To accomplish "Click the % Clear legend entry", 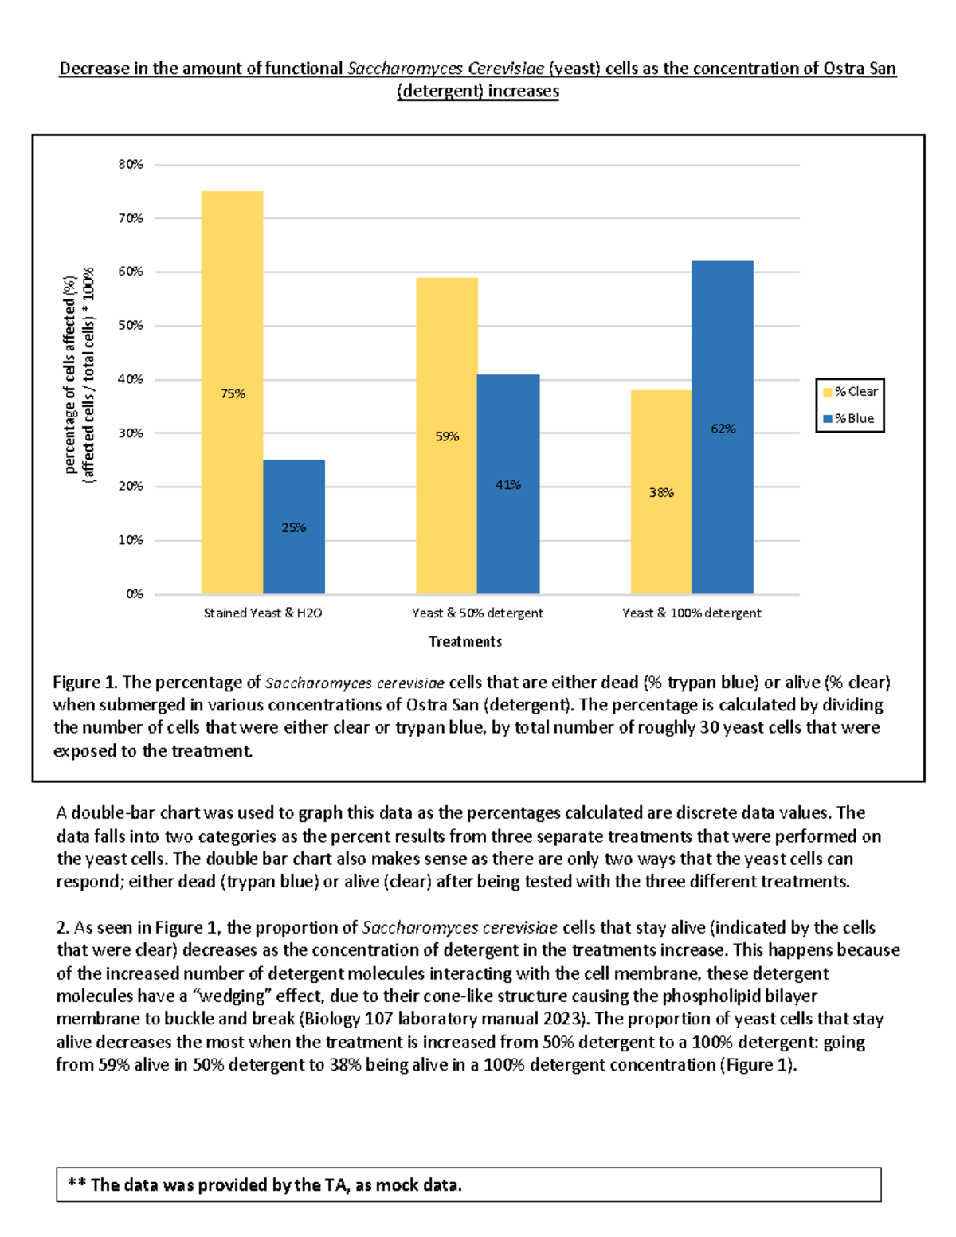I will [x=850, y=391].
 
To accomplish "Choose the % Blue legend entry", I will [x=850, y=418].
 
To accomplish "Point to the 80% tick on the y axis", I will [x=131, y=165].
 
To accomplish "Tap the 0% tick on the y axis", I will [x=134, y=594].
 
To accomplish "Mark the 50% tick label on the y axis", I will [x=131, y=326].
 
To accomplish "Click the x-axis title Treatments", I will [x=465, y=641].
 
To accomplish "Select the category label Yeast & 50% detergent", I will [x=477, y=613].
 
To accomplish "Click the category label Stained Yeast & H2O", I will [x=263, y=613].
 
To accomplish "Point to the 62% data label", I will [x=723, y=429].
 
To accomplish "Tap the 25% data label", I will [x=294, y=527].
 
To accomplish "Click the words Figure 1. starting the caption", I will [x=85, y=683].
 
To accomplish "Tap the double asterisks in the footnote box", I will [x=76, y=1184].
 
